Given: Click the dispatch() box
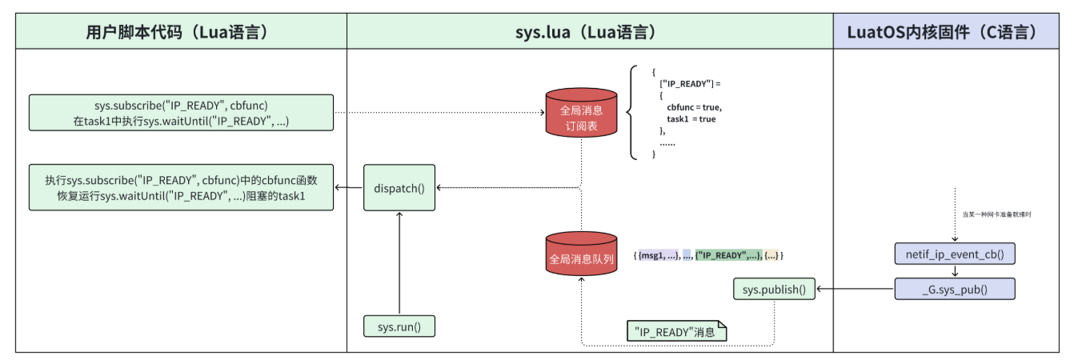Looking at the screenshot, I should pyautogui.click(x=399, y=188).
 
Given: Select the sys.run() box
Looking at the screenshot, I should pyautogui.click(x=399, y=326).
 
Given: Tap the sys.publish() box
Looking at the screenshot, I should pyautogui.click(x=774, y=290).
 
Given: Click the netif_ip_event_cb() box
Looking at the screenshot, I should pyautogui.click(x=954, y=255).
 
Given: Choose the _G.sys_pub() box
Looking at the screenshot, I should pyautogui.click(x=954, y=290).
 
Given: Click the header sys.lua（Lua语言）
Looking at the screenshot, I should pyautogui.click(x=590, y=33).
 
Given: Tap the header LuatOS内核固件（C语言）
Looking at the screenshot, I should pyautogui.click(x=953, y=33).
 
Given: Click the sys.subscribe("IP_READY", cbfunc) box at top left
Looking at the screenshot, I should pyautogui.click(x=181, y=113).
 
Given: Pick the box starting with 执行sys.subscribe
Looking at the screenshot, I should pyautogui.click(x=181, y=188).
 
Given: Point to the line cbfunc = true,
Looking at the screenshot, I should pyautogui.click(x=693, y=106).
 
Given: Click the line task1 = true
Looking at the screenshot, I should pyautogui.click(x=691, y=118).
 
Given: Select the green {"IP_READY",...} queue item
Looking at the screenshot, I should pyautogui.click(x=727, y=255).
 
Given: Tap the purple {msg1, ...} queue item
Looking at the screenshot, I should pyautogui.click(x=657, y=255).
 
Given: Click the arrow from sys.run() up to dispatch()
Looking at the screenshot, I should pyautogui.click(x=399, y=264).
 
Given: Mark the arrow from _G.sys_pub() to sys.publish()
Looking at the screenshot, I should pyautogui.click(x=855, y=290).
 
